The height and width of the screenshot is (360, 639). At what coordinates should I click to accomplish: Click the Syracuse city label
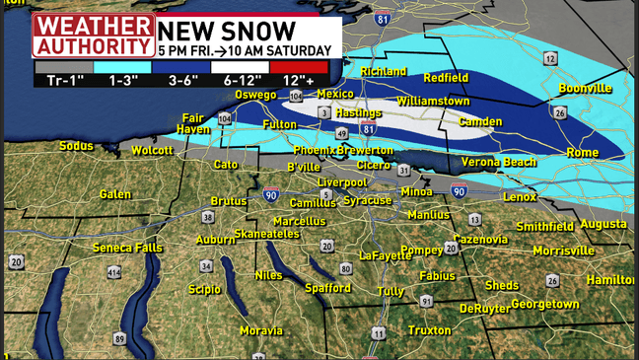368,200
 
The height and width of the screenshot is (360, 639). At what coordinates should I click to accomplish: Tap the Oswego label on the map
255,95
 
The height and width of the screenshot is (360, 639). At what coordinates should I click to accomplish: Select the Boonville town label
585,89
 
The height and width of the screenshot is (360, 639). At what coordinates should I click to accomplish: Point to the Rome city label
581,153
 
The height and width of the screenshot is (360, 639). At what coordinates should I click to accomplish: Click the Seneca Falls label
126,248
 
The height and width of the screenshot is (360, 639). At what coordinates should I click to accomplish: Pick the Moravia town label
260,330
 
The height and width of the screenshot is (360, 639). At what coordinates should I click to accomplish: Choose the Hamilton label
610,280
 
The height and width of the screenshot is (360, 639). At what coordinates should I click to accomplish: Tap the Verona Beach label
499,162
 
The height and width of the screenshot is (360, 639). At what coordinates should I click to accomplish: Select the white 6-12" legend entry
241,68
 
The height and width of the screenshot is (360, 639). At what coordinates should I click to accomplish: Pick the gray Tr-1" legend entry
63,68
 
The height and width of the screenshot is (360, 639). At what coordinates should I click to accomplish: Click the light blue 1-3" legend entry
122,68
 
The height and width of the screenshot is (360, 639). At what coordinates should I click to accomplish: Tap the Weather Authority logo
93,36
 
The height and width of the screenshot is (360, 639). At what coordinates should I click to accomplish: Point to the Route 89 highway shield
119,339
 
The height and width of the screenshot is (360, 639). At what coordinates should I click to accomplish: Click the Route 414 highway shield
114,272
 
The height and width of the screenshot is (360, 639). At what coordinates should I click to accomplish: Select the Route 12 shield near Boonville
550,59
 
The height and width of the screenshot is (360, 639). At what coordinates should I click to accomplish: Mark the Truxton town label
429,330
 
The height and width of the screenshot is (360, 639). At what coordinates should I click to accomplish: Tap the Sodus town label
76,146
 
